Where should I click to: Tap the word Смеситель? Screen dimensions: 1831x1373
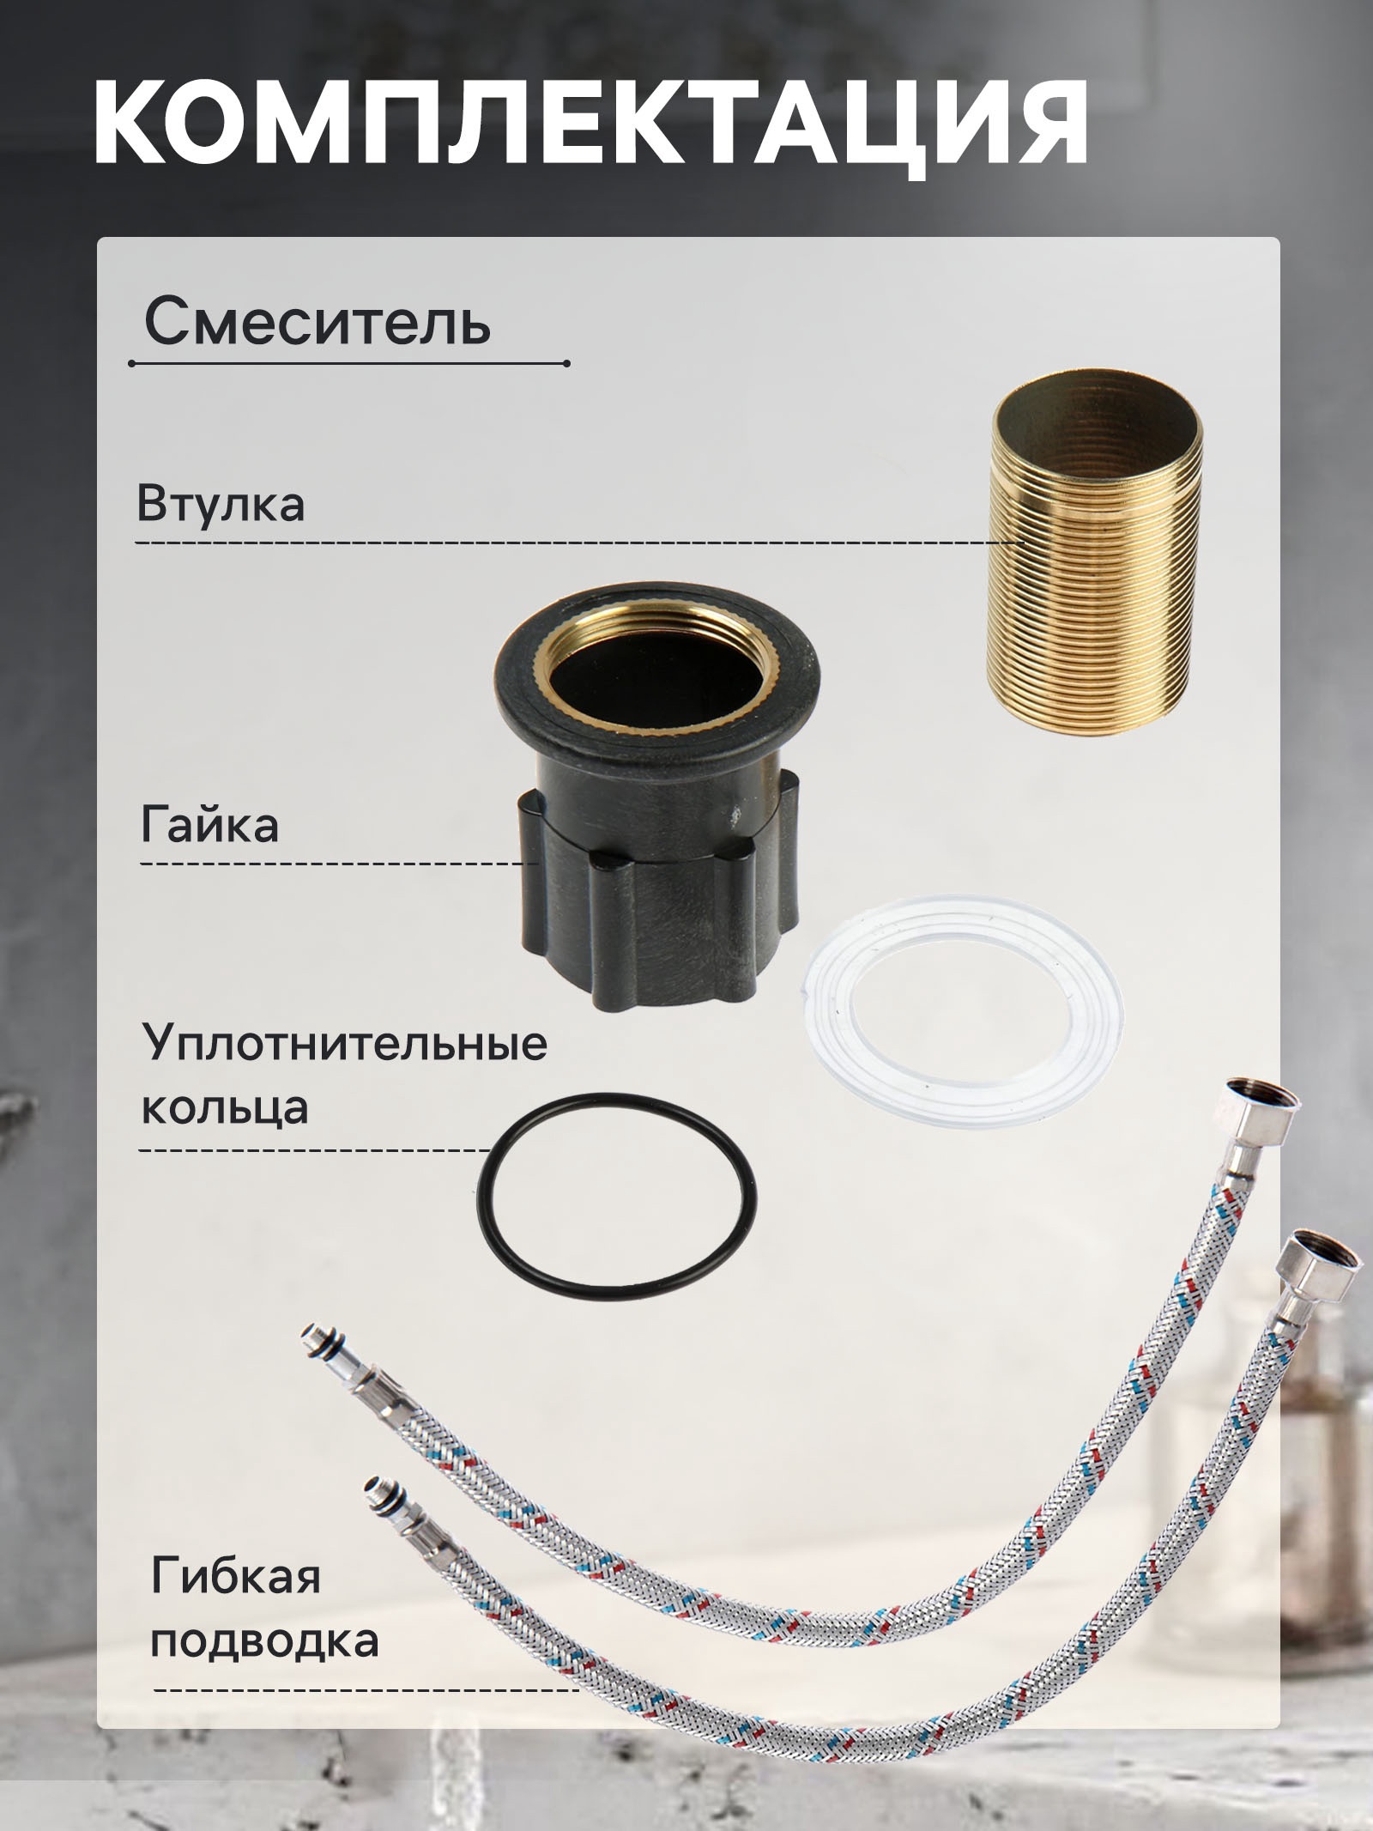(318, 323)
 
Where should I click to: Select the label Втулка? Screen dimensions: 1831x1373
(221, 504)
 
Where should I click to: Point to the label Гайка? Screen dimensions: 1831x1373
(209, 826)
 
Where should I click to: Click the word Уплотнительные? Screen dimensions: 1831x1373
(344, 1044)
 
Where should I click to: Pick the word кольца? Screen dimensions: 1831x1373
(225, 1106)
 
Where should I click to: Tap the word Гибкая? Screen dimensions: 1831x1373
(236, 1576)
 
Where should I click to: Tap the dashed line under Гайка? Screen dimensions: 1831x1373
(339, 862)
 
